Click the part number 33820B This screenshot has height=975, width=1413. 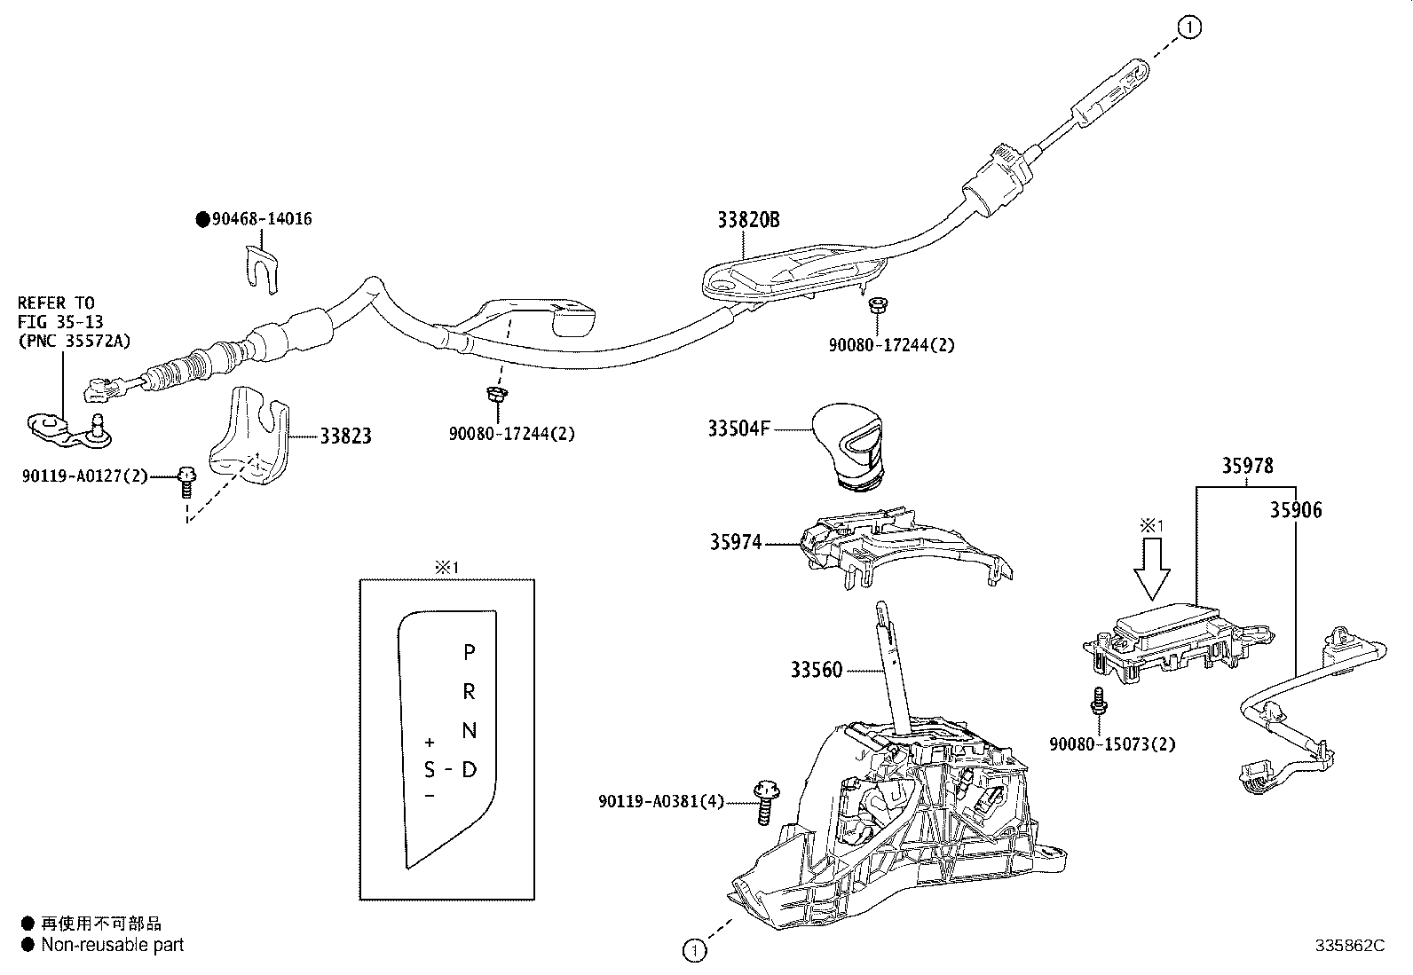point(748,219)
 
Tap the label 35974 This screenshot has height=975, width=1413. point(735,541)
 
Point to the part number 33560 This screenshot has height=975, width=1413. point(816,670)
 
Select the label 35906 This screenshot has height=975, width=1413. point(1295,510)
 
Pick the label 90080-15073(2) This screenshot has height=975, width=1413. point(1111,744)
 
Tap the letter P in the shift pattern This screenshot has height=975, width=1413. point(470,653)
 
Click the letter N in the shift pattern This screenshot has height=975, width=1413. point(470,730)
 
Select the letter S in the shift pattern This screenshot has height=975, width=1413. point(430,768)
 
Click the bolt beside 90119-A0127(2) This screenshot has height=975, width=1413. point(186,480)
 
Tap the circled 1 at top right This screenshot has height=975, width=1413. point(1190,28)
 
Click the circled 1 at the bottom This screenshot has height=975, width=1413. point(694,950)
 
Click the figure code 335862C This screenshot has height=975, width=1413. point(1349,946)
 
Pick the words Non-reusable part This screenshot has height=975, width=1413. point(113,946)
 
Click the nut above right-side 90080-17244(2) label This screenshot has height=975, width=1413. point(876,306)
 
